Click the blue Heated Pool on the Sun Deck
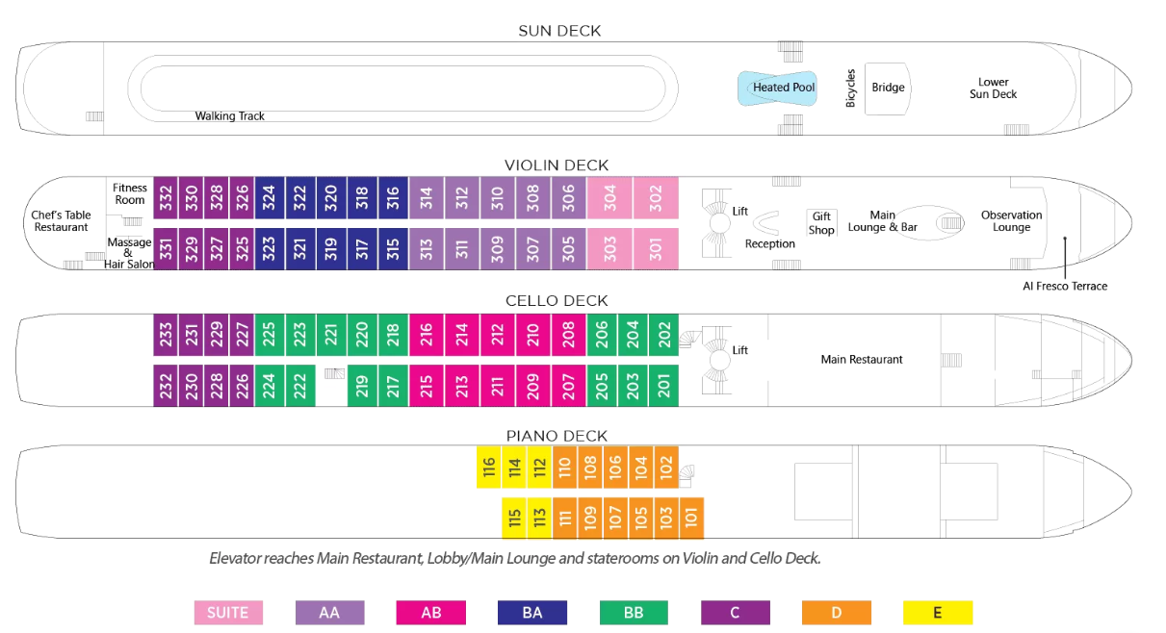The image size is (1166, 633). click(777, 88)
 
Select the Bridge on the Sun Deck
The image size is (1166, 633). click(888, 88)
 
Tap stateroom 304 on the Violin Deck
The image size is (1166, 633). click(609, 197)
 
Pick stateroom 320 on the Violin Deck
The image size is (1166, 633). click(331, 197)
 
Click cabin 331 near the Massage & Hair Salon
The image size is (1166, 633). click(166, 248)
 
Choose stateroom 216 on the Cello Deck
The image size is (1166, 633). click(427, 335)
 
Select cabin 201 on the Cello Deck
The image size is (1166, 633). click(663, 386)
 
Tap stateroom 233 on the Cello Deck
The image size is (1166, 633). click(166, 335)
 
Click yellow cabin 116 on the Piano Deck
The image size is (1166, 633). click(489, 468)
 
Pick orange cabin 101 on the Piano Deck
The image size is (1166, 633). click(691, 519)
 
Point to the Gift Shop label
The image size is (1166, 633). click(821, 223)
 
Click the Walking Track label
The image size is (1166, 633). click(229, 116)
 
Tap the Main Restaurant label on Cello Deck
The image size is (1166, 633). click(862, 360)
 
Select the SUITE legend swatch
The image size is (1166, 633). click(228, 613)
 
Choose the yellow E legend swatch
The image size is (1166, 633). click(938, 613)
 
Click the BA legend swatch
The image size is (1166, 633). click(532, 613)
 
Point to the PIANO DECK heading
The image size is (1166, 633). click(557, 436)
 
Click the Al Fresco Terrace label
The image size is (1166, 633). click(1065, 286)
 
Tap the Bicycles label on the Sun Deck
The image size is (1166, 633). click(850, 89)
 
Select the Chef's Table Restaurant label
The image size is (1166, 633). click(61, 221)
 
